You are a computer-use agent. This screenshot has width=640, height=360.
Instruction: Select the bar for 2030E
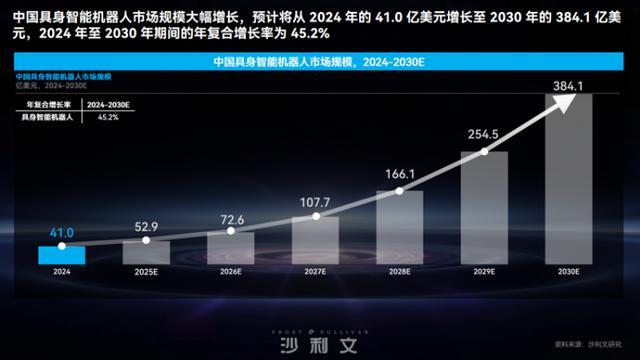tap(569, 180)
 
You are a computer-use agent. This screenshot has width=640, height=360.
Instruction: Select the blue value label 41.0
tap(60, 232)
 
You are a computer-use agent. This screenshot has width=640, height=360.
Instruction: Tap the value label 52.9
tap(145, 226)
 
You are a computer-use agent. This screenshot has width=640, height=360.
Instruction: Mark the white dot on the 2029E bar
tap(485, 152)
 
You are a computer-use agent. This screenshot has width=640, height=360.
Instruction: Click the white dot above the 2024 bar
tap(61, 245)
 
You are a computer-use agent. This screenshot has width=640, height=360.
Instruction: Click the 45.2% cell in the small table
tap(107, 117)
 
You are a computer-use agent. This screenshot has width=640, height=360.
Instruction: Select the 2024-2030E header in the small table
tap(107, 103)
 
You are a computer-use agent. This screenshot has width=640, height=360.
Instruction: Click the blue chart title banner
tap(319, 62)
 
